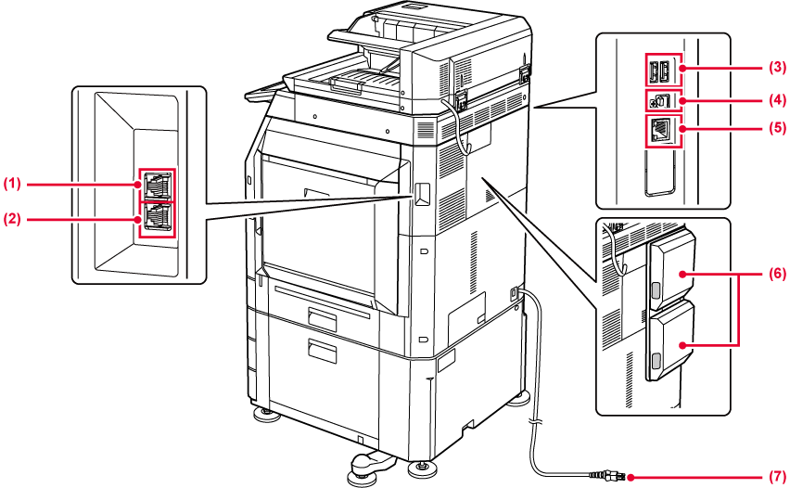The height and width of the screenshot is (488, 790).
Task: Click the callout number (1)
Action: coord(11,184)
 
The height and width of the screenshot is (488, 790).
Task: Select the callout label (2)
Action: coord(11,219)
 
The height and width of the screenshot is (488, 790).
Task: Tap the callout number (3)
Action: coord(775,68)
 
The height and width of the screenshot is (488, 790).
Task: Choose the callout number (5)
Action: coord(775,130)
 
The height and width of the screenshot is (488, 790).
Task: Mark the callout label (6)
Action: coord(775,275)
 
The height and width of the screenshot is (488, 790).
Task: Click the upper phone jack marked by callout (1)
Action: coord(157,184)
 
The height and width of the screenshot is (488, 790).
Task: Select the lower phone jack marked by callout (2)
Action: coord(157,219)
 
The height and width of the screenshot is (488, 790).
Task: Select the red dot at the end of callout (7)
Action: coord(631,477)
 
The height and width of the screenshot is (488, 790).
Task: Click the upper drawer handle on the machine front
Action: coord(324,320)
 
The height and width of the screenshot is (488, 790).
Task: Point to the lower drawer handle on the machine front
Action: coord(324,351)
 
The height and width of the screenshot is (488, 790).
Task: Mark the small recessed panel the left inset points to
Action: coord(422,193)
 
